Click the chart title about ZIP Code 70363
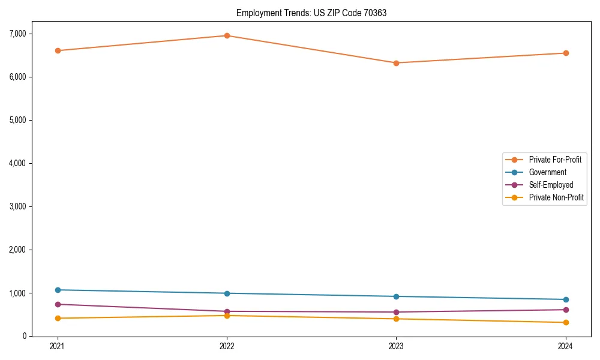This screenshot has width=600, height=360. pyautogui.click(x=311, y=13)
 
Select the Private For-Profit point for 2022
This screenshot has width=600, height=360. pyautogui.click(x=227, y=35)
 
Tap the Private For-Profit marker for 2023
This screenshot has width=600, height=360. pyautogui.click(x=396, y=63)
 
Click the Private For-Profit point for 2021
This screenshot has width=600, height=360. pyautogui.click(x=58, y=50)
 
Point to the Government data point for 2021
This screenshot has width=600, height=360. pyautogui.click(x=58, y=290)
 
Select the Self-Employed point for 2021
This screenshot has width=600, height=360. pyautogui.click(x=58, y=304)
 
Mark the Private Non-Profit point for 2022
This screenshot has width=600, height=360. pyautogui.click(x=227, y=316)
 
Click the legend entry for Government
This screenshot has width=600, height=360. pyautogui.click(x=547, y=172)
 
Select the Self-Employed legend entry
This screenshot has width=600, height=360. pyautogui.click(x=551, y=185)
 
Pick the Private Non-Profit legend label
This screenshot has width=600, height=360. pyautogui.click(x=556, y=197)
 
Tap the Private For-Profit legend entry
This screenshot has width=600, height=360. pyautogui.click(x=555, y=160)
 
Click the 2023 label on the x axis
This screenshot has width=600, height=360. pyautogui.click(x=396, y=346)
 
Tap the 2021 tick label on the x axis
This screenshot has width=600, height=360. pyautogui.click(x=58, y=346)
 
